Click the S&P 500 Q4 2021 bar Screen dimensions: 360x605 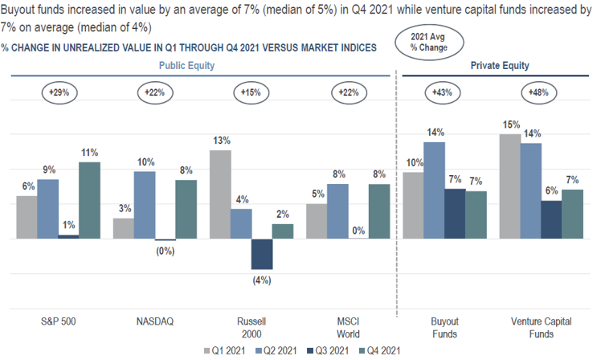(x=89, y=200)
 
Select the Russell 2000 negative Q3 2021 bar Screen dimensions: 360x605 (x=262, y=254)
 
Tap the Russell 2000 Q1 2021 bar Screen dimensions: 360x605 (x=219, y=194)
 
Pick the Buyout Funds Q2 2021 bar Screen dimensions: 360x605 (x=435, y=190)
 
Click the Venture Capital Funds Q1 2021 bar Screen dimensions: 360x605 (x=509, y=186)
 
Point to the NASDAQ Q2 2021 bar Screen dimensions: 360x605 (x=145, y=205)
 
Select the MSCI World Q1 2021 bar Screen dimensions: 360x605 (x=317, y=221)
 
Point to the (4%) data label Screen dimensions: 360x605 (x=262, y=280)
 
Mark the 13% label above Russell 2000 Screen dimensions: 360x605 (x=220, y=141)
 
